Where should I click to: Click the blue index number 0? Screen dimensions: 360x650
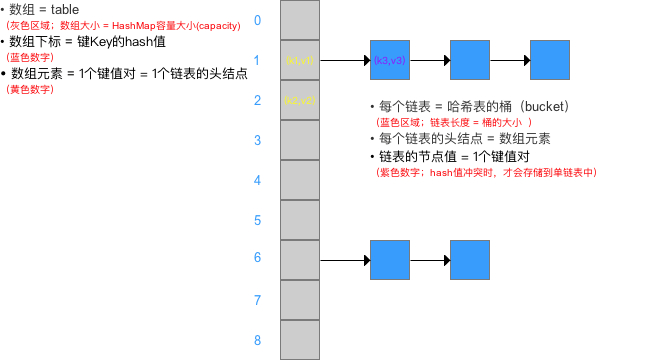coord(257,20)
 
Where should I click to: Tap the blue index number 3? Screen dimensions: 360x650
coord(257,140)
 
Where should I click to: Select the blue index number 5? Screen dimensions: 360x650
coord(257,220)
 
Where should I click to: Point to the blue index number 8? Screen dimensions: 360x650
coord(257,340)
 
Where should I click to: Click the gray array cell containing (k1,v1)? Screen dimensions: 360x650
coord(300,60)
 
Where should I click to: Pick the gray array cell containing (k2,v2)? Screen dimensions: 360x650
coord(300,100)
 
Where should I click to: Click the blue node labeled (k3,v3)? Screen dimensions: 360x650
coord(390,60)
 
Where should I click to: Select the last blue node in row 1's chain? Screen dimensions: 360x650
coord(550,60)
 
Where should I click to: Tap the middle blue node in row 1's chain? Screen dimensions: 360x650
coord(470,60)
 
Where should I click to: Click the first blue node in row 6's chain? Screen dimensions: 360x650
coord(390,260)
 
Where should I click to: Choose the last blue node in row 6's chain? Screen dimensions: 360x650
coord(470,260)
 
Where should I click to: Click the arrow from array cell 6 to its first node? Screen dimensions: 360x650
coord(345,260)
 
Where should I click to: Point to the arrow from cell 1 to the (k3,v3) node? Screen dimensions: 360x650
coord(345,60)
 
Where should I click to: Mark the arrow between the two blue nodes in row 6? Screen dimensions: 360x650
coord(430,260)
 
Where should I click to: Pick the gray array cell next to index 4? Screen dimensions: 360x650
coord(300,180)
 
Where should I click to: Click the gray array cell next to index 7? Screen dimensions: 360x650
coord(300,300)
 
